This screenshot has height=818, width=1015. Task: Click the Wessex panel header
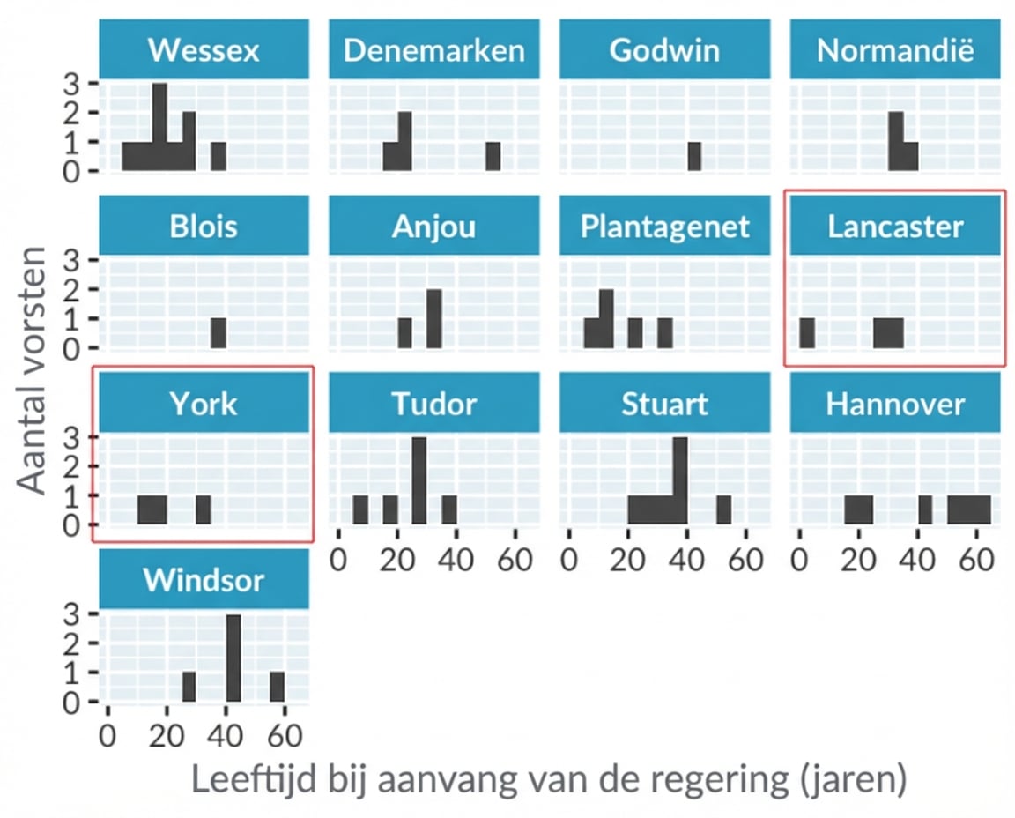204,50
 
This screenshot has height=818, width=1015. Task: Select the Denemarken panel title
433,50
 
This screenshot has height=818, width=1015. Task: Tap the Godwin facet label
664,50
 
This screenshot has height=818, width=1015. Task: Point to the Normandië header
895,50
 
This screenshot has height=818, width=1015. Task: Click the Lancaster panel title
895,227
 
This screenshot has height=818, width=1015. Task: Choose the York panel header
204,404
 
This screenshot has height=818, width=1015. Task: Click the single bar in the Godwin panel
694,156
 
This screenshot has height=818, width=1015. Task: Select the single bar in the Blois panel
219,333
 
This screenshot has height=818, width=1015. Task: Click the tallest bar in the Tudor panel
419,480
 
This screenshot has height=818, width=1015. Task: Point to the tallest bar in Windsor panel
233,658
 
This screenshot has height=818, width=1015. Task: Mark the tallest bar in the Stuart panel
679,480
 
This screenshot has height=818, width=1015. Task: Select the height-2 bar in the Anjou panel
433,318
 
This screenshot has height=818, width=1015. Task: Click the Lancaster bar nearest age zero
806,333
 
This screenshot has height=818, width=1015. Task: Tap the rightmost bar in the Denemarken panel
493,156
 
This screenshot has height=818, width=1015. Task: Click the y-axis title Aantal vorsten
35,370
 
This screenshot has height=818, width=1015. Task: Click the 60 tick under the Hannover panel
976,560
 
